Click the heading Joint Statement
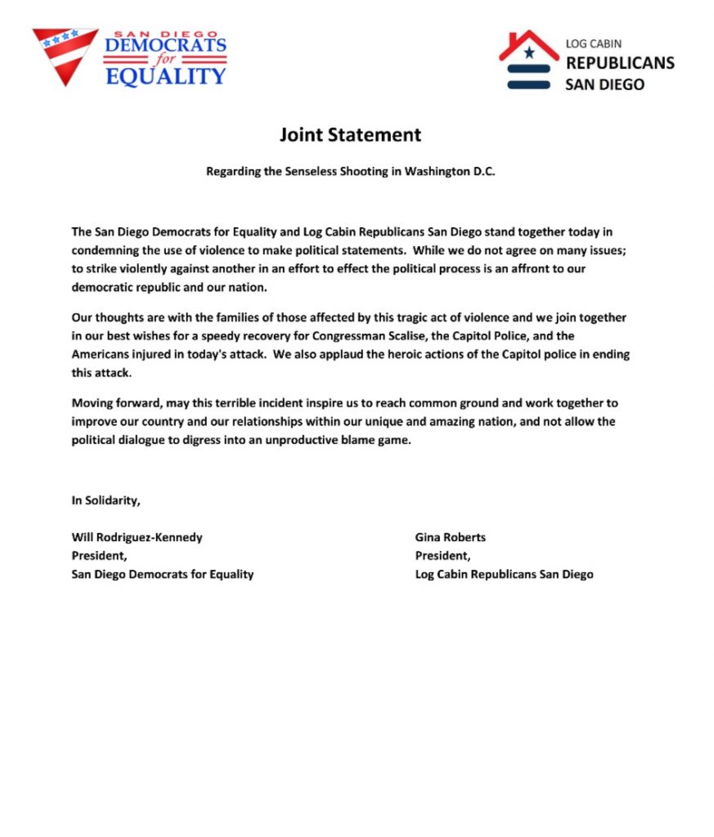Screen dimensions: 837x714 (350, 135)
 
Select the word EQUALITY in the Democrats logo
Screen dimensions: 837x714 (165, 77)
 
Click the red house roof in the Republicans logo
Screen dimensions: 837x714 (529, 44)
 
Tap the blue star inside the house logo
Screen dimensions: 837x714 (529, 54)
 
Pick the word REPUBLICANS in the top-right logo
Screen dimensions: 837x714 (620, 63)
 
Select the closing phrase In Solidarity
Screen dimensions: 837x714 (106, 500)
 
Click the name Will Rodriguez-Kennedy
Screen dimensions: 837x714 (137, 538)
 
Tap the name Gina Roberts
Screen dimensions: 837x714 (451, 538)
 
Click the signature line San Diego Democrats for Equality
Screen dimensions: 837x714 (163, 574)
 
